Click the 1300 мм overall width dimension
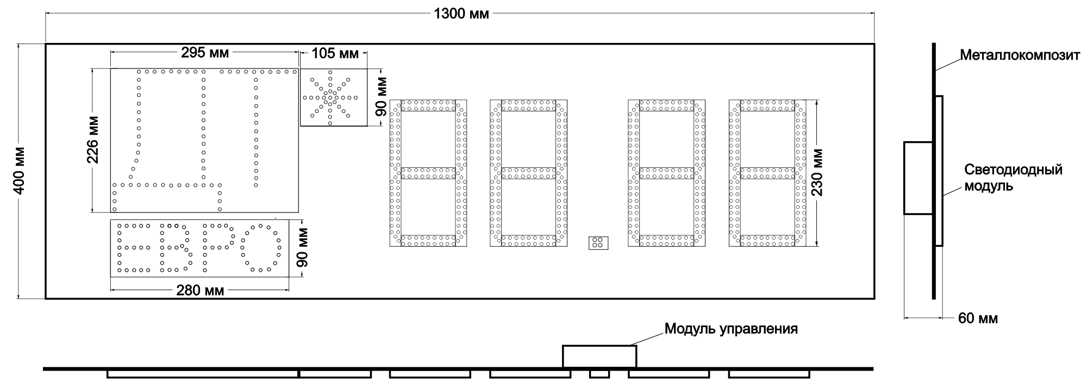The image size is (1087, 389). pos(461,14)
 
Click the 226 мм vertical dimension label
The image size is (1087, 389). pos(93,140)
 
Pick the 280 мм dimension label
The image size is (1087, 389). pos(200,291)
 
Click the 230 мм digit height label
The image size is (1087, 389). pos(817,172)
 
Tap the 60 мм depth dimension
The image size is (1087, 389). pos(978,318)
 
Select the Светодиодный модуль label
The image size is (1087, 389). pos(1013,178)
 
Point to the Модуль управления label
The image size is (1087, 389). pos(731,329)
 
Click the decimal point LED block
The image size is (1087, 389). pos(598,243)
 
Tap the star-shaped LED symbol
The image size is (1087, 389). pos(330,98)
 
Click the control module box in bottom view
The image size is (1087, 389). pos(599,356)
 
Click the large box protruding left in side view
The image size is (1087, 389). pos(919,178)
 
